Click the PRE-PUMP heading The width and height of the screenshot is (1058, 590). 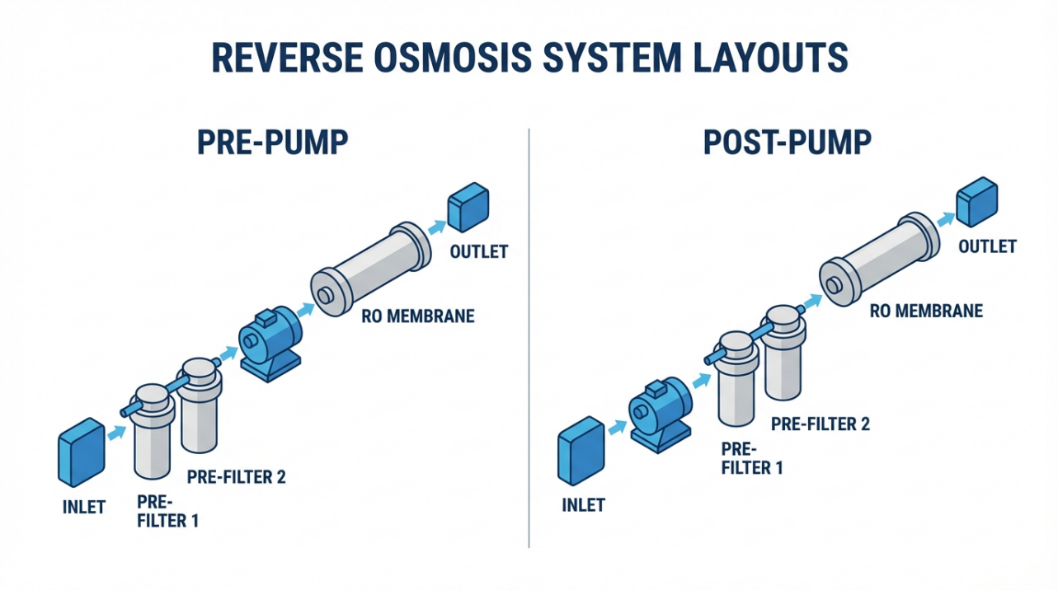point(272,143)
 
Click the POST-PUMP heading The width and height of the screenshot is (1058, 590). point(787,143)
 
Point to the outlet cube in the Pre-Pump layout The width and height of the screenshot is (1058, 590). point(468,208)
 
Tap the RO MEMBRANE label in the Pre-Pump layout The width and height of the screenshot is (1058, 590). point(418,316)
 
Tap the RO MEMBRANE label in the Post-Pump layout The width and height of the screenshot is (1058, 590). point(927,311)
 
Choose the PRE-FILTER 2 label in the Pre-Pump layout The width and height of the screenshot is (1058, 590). point(236,477)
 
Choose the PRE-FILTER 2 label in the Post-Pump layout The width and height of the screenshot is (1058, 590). point(821,424)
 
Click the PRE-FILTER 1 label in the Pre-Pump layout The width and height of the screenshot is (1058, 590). point(167,511)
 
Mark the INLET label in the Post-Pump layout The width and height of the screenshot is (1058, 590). point(583,504)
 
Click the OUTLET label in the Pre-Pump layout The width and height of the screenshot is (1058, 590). point(478,251)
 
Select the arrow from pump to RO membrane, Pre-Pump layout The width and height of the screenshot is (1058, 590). point(306,310)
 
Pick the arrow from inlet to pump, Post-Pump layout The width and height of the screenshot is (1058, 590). point(615,426)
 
